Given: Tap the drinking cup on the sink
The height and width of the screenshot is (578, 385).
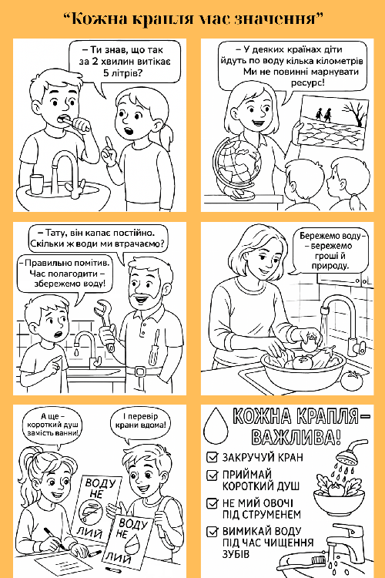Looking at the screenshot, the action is coord(36,184).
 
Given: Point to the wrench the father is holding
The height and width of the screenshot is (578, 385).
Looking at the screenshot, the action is coord(104,324).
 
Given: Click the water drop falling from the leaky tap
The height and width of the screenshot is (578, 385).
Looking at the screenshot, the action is coord(76,352).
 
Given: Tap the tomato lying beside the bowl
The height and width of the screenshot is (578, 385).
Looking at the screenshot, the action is coord(352,381).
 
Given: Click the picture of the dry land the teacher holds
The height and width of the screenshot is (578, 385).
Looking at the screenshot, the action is coord(334,122).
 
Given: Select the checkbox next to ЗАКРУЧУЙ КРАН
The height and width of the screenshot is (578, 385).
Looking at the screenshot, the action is coord(213,457).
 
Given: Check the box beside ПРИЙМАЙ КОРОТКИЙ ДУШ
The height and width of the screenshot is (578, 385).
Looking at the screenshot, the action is coord(213,475).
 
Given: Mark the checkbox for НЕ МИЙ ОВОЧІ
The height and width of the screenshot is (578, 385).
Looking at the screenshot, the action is coord(213,503).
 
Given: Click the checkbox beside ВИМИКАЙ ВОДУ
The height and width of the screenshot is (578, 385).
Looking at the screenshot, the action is coord(213,531).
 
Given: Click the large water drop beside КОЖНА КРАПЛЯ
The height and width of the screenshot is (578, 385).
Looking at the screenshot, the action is coord(216,425).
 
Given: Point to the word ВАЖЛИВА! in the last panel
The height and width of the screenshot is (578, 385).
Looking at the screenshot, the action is coord(296,436).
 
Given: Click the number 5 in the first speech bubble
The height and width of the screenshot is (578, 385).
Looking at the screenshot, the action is coord(106,72).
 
